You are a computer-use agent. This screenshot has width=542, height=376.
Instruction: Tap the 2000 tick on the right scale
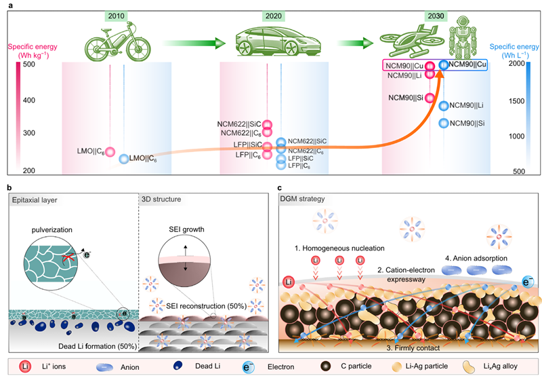(520, 64)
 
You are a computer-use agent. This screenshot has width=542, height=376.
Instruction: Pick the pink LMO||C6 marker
(109, 152)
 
